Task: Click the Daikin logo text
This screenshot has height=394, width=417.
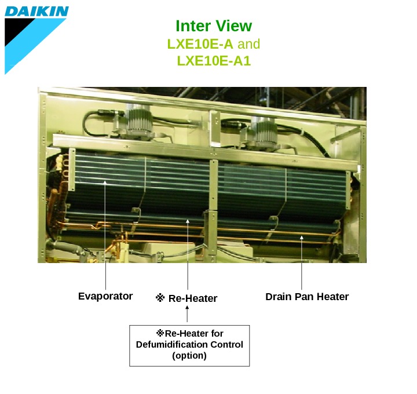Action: point(36,11)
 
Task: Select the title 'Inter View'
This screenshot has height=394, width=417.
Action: point(214,26)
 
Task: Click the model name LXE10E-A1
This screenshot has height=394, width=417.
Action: point(214,60)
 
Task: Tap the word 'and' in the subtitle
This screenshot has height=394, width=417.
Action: point(249,43)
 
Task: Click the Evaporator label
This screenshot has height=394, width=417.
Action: point(105,296)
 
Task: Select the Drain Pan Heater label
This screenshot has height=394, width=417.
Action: point(307,297)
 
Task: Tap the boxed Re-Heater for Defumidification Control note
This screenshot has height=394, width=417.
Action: point(189,345)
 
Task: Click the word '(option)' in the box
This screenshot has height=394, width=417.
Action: point(189,355)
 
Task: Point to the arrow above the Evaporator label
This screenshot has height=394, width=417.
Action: point(105,232)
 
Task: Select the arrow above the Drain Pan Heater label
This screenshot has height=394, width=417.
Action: point(302,261)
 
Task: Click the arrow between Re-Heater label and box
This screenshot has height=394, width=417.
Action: point(187,315)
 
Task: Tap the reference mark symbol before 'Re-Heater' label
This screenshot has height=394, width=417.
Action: point(160,298)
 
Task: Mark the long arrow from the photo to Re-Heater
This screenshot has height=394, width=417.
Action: point(187,255)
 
